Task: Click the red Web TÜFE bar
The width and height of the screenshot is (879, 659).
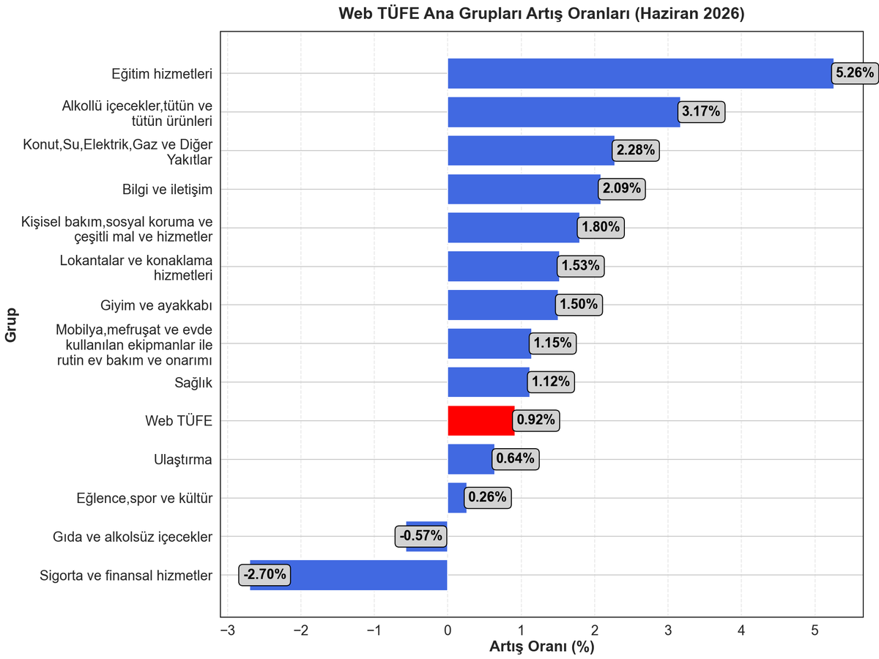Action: point(481,420)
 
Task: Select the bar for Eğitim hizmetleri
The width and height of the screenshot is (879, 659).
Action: point(640,73)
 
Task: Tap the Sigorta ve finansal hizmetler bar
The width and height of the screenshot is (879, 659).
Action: point(349,575)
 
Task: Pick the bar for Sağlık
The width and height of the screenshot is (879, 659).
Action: point(489,382)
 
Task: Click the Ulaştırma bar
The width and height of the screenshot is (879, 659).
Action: point(471,459)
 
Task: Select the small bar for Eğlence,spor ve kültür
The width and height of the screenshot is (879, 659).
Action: point(457,498)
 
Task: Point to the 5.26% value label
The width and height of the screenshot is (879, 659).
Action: point(855,72)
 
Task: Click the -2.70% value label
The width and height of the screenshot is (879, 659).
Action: point(264,575)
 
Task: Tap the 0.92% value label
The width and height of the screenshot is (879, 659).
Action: point(535,420)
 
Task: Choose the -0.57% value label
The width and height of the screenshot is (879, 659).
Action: point(421,536)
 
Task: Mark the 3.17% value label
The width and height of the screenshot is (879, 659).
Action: point(701,111)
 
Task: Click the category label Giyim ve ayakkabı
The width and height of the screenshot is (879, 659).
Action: point(156,305)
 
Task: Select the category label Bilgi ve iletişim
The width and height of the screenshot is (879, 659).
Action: point(168,189)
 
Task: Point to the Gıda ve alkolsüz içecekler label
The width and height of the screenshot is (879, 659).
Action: point(133,537)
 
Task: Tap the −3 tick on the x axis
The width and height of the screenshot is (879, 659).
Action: point(228,630)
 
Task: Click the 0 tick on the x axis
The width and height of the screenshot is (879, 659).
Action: point(448,630)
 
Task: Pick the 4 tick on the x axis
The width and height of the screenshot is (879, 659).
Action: point(741,630)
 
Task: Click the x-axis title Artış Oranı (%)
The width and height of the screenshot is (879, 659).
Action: point(542,647)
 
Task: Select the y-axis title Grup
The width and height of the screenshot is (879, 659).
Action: point(11,325)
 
